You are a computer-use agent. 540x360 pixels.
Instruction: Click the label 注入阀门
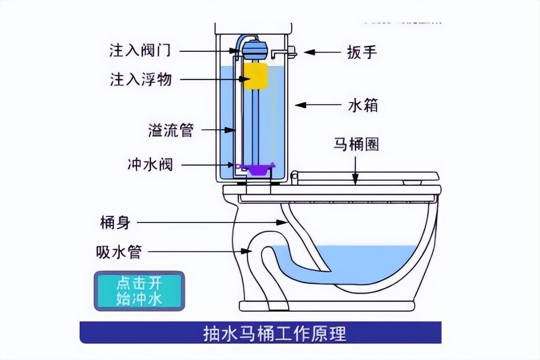pos(140,51)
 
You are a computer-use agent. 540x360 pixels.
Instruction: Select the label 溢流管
pos(171,130)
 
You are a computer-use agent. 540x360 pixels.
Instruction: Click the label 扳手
pos(362,52)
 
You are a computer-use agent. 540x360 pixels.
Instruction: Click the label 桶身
pos(115,222)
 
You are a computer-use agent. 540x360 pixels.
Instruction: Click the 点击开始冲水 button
pos(139,291)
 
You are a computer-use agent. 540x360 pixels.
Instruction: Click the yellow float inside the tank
pos(255,76)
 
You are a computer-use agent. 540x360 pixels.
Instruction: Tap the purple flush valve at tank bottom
pos(255,168)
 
